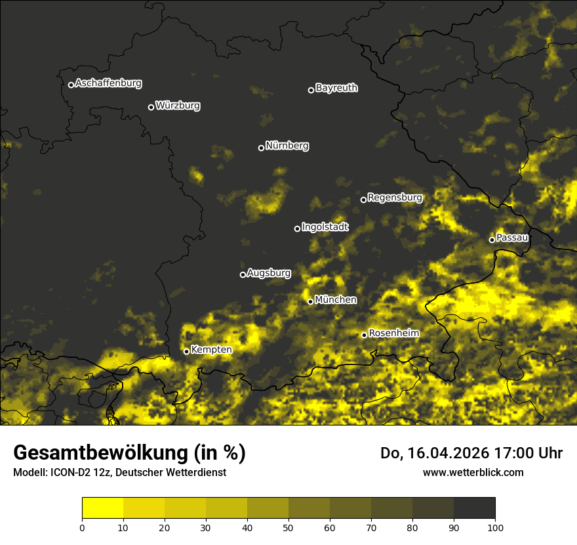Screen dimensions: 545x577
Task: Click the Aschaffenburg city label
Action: point(108,83)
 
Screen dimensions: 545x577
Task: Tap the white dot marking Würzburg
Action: point(151,107)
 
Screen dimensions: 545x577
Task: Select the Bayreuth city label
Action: point(336,88)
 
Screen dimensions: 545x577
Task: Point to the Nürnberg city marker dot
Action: point(261,148)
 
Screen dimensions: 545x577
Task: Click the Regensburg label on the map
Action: point(395,198)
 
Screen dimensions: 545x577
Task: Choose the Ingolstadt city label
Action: point(325,227)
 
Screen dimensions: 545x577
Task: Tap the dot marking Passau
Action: point(492,240)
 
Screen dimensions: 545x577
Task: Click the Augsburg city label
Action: point(269,273)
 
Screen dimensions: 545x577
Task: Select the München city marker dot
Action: point(311,301)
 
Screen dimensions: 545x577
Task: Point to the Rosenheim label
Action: point(393,334)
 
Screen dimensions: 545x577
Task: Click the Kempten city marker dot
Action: point(186,351)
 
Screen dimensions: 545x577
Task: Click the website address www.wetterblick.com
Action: point(473,472)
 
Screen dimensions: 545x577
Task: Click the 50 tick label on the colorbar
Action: point(288,527)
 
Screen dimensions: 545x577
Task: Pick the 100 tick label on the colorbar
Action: point(495,527)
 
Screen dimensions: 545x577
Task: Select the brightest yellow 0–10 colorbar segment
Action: point(102,508)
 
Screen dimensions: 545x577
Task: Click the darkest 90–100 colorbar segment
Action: point(474,508)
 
